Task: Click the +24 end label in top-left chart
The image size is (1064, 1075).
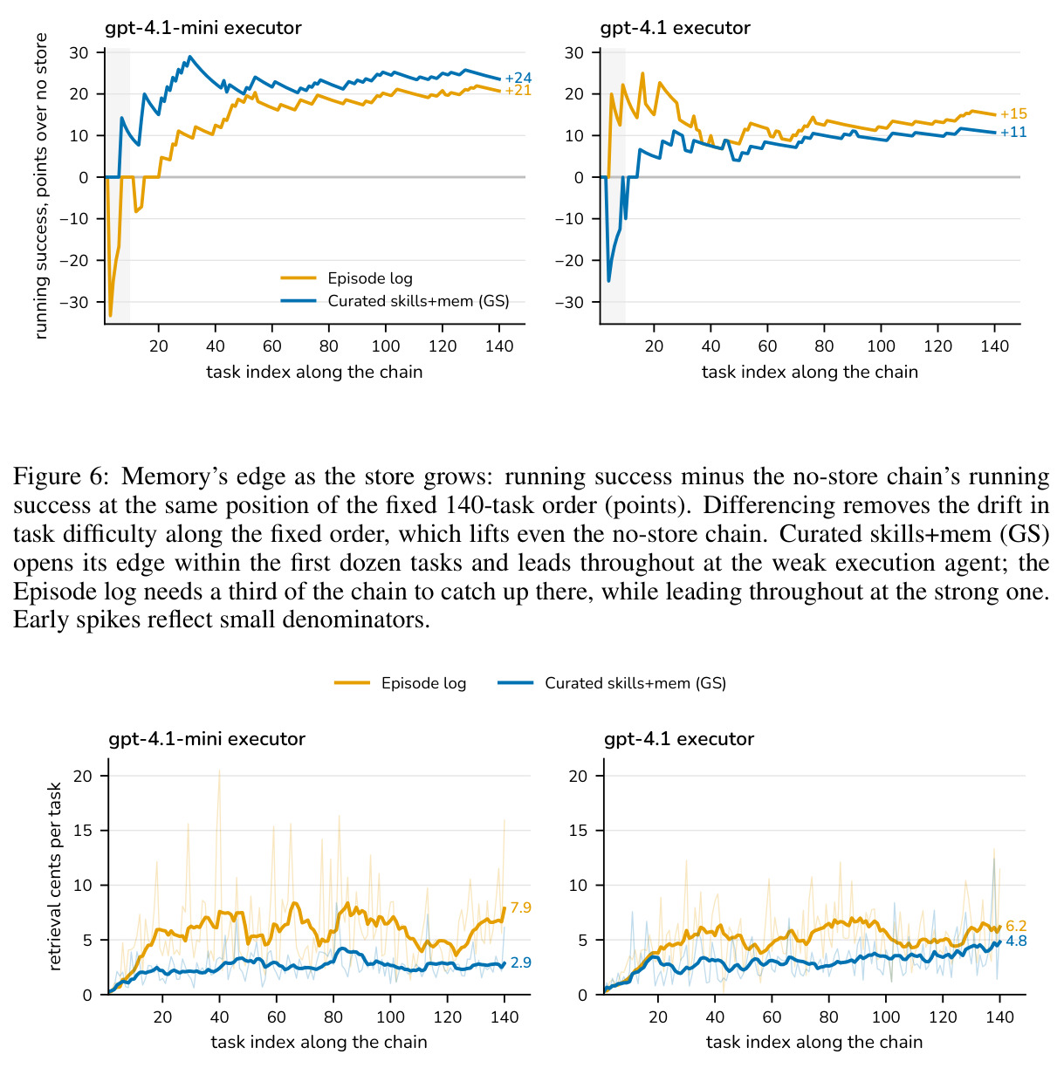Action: click(x=518, y=78)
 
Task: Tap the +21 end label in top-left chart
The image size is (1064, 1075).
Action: click(x=518, y=91)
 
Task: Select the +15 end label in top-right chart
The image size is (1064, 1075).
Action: click(x=1013, y=113)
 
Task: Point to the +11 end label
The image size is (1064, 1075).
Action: click(x=1013, y=133)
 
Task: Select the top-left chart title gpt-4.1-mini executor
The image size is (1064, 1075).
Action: click(x=203, y=28)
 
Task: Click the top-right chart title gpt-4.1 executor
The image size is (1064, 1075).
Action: click(x=675, y=28)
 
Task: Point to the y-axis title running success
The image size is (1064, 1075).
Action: click(x=41, y=186)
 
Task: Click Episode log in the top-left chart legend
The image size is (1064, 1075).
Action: click(x=370, y=277)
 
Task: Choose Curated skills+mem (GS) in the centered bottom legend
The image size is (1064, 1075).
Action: click(x=635, y=683)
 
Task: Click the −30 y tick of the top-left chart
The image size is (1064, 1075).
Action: click(x=75, y=303)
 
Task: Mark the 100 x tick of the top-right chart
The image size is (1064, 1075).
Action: click(x=881, y=346)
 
